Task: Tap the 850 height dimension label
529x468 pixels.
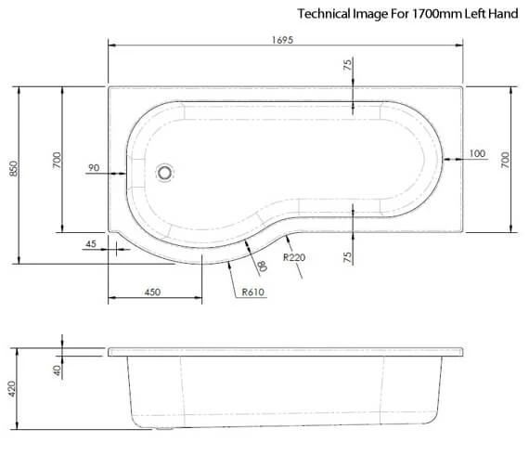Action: pos(13,169)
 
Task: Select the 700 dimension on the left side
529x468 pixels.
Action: pos(57,160)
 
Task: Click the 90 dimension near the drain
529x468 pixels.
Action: pos(93,167)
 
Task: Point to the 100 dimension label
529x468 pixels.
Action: pos(477,153)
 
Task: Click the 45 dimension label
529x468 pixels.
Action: pos(90,244)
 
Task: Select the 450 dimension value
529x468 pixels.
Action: pos(153,292)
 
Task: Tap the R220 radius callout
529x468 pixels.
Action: pos(295,257)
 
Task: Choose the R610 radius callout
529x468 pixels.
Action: pos(252,292)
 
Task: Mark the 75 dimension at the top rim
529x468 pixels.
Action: pos(347,65)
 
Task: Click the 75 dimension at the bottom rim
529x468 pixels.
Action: pos(347,257)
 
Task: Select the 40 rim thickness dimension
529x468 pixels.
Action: pos(57,370)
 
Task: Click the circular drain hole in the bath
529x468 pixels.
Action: pos(166,172)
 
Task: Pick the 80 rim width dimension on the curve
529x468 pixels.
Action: pos(262,266)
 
